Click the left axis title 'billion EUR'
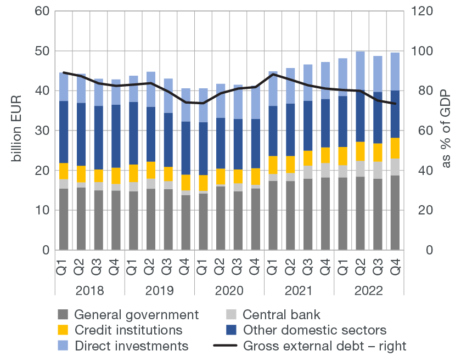pyautogui.click(x=16, y=131)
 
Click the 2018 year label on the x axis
pyautogui.click(x=90, y=290)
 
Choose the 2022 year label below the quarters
pyautogui.click(x=369, y=290)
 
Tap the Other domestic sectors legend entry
pyautogui.click(x=314, y=330)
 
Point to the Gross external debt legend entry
pyautogui.click(x=324, y=346)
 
